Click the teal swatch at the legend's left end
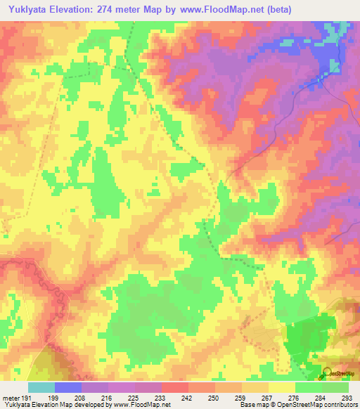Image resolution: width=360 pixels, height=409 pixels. (x=41, y=387)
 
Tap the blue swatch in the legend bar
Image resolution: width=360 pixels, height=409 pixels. (x=68, y=387)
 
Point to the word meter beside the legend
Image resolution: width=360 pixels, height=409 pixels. (x=11, y=397)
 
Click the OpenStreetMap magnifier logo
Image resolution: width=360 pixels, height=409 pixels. (x=326, y=372)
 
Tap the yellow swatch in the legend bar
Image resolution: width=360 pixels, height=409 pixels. (x=282, y=387)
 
